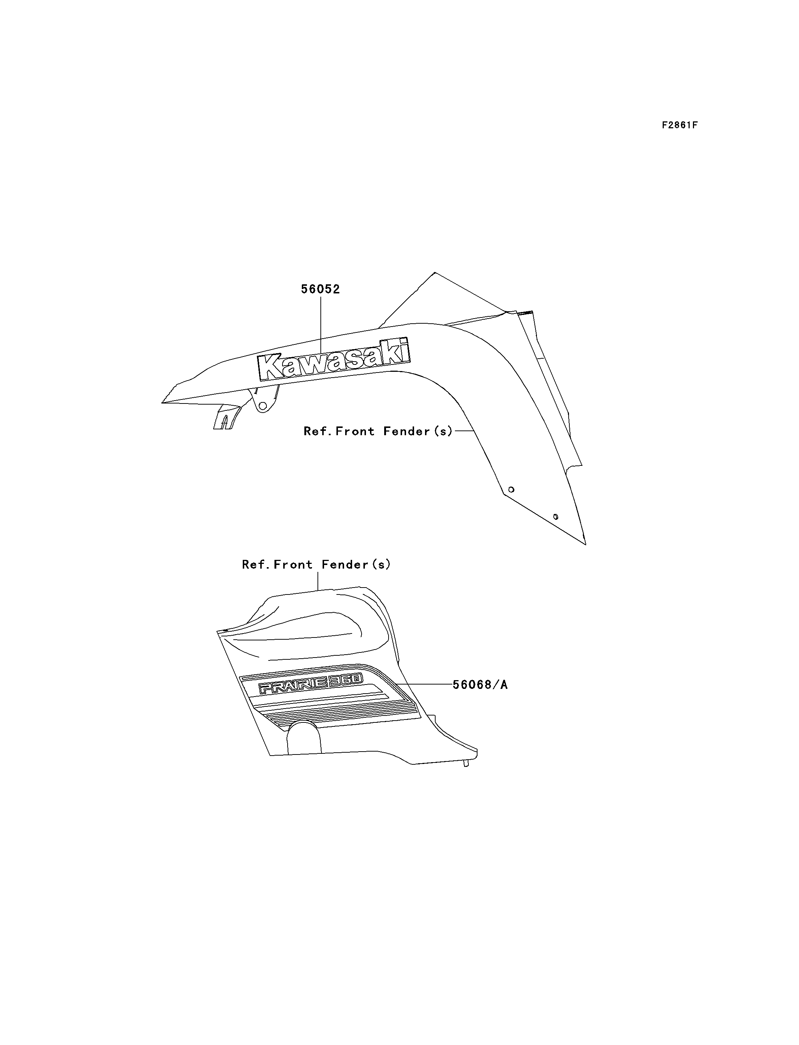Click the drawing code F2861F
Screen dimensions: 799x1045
pos(680,125)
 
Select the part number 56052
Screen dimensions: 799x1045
pos(320,289)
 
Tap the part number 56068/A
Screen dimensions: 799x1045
pos(480,685)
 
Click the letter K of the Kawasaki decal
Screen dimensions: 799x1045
pos(271,367)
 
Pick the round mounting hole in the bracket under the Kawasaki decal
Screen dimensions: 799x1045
pos(262,406)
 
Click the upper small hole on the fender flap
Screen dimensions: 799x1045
pos(511,490)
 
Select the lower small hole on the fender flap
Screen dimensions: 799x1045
pos(556,516)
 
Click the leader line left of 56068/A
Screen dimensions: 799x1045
pos(423,684)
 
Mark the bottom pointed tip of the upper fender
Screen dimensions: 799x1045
pos(585,544)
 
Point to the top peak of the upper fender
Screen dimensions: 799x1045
pos(434,273)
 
